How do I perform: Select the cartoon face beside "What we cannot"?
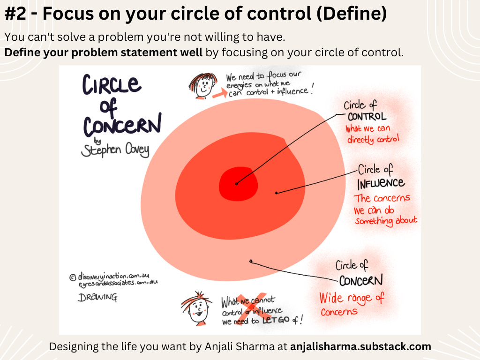pos(195,307)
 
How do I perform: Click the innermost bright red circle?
pos(238,183)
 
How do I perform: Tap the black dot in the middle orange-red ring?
pos(277,192)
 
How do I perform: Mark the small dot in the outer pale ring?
pos(251,262)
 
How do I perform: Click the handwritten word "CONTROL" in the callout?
pos(367,116)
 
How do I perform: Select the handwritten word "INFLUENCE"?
pos(381,183)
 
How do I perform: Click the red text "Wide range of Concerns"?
pos(352,304)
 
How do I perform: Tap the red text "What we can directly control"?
pos(373,134)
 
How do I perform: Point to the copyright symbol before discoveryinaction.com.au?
pos(73,277)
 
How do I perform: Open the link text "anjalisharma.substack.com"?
pos(360,347)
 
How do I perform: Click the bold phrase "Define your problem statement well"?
pos(104,52)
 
